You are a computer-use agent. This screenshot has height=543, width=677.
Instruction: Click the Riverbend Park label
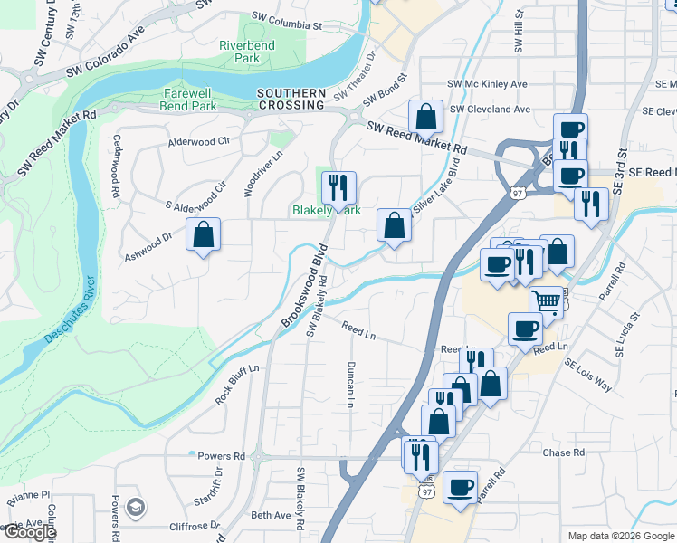pyautogui.click(x=240, y=52)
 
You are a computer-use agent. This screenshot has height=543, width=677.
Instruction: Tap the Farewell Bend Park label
pyautogui.click(x=189, y=100)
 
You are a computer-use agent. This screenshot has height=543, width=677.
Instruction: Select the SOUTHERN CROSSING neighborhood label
pyautogui.click(x=291, y=99)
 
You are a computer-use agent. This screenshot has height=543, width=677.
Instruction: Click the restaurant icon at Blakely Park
pyautogui.click(x=338, y=187)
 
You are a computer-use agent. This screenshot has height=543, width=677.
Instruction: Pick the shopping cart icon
pyautogui.click(x=546, y=300)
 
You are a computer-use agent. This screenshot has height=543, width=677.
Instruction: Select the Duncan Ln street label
pyautogui.click(x=349, y=384)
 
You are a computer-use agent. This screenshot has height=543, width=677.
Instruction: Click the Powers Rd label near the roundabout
pyautogui.click(x=221, y=456)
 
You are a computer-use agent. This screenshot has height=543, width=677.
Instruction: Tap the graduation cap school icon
pyautogui.click(x=136, y=507)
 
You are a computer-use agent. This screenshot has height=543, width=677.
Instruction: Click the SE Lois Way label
pyautogui.click(x=588, y=375)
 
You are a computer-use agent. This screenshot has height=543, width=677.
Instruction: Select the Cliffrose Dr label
pyautogui.click(x=195, y=525)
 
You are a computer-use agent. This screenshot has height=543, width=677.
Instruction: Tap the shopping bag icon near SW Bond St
pyautogui.click(x=425, y=117)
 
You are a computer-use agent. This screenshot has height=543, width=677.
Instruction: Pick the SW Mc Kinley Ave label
pyautogui.click(x=491, y=84)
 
